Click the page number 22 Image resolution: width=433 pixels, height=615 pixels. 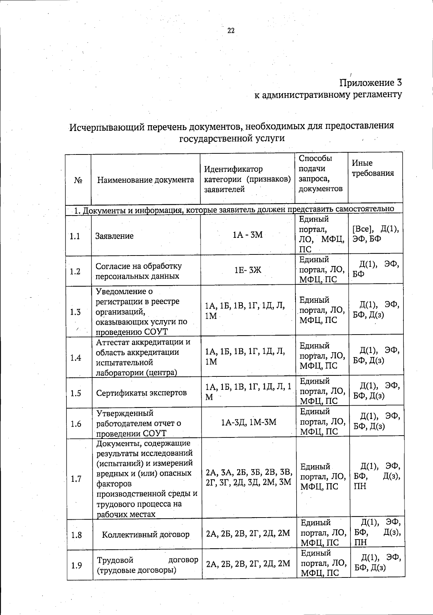point(231,31)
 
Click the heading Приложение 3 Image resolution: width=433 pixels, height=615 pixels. point(371,83)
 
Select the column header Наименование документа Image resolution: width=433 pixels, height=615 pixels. point(145,180)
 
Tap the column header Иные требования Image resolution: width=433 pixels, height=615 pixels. point(372,168)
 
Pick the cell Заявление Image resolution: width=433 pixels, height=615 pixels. point(114,236)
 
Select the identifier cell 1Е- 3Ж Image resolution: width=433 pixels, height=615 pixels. point(248,270)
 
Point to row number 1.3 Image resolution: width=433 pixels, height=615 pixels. point(75,312)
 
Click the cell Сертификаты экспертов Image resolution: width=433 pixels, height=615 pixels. point(141,393)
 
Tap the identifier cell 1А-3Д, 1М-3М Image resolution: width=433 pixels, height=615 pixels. point(249,422)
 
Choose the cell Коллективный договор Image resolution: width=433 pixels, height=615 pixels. point(146,535)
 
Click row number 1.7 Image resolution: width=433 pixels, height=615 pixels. point(76,479)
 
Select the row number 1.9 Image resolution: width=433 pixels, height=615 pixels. point(76,566)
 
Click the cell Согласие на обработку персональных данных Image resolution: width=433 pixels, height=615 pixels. point(139,271)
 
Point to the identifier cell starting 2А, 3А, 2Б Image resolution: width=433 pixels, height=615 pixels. point(249,477)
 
